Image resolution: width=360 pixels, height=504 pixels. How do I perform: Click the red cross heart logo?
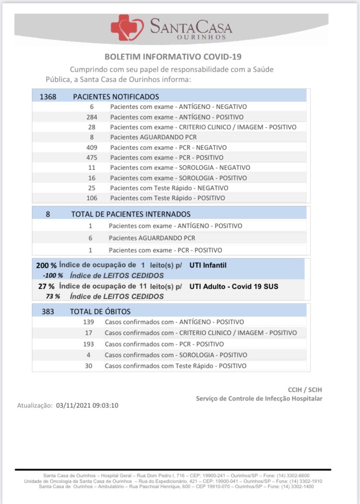[127, 27]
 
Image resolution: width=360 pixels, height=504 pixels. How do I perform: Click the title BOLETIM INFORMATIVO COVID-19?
[173, 57]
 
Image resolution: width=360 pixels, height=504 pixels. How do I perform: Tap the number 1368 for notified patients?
[48, 97]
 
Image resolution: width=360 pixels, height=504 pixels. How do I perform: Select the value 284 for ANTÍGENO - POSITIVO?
[92, 117]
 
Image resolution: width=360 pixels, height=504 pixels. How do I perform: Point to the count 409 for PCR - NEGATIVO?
[92, 147]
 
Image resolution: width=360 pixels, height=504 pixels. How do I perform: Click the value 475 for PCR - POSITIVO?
[92, 157]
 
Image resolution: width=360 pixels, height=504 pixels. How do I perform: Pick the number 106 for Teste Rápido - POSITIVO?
[92, 198]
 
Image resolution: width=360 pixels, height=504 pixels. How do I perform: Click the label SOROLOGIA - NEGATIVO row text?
[180, 167]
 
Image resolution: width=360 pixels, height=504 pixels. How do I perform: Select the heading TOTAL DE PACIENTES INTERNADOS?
[131, 214]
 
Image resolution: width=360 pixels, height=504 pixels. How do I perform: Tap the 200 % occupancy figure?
[46, 265]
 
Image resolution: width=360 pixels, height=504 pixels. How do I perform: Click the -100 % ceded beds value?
[53, 275]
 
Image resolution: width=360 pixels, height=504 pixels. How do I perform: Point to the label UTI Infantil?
[208, 265]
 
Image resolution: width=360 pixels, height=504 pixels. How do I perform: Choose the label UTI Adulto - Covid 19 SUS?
[234, 286]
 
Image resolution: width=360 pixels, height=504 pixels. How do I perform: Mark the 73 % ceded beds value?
[53, 297]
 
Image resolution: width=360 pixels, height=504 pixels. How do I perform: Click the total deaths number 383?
[48, 311]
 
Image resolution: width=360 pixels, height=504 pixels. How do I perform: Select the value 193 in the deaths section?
[88, 344]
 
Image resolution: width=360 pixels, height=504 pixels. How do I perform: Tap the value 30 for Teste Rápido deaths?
[88, 366]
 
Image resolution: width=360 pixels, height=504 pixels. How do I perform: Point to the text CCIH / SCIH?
[305, 390]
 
